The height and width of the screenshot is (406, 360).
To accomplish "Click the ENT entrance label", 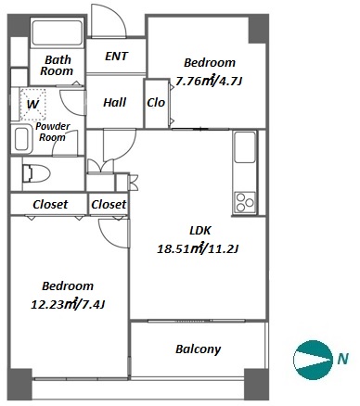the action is point(116,57).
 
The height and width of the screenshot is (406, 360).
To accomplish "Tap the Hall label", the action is point(115,102).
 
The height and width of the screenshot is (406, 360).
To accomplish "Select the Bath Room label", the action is point(57,65).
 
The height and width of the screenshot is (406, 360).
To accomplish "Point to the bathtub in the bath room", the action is point(57,32).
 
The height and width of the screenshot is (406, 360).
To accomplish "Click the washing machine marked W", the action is point(32,105).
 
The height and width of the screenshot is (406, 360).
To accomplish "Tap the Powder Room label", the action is point(52,132).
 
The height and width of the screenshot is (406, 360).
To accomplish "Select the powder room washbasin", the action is point(21,139).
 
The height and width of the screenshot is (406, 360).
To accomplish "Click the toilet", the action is point(36,173).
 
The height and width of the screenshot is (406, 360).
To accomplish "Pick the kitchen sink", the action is point(245,146).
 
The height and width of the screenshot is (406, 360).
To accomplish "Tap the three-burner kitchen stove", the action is point(245,202).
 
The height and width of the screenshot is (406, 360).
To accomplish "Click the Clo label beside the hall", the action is point(156,102).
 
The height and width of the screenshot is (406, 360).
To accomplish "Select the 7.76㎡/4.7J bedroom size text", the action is point(209,82).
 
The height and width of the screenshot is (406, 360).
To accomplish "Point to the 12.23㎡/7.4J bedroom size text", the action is point(68,305).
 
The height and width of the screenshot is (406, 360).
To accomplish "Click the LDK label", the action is point(200,230).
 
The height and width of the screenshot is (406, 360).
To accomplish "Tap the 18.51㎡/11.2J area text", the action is point(198,248).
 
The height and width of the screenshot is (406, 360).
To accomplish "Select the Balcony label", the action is point(199,349).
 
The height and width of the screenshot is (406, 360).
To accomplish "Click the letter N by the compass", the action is point(342,359).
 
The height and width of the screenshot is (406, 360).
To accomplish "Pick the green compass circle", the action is point(313,360).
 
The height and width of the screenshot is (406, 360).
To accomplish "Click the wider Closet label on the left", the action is point(50,204).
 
